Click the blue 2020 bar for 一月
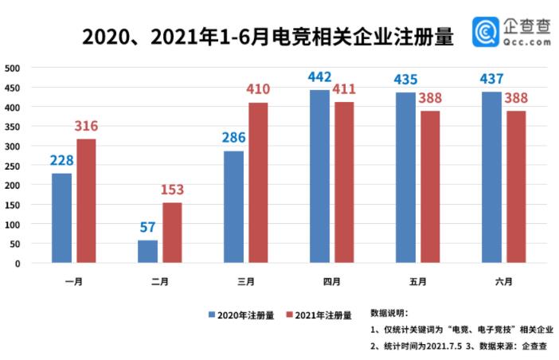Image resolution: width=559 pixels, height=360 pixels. click(x=61, y=217)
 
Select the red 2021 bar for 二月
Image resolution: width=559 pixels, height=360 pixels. click(x=172, y=232)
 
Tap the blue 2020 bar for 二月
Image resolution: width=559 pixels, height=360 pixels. click(x=147, y=251)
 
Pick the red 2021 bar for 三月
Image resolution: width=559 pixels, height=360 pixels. click(x=258, y=182)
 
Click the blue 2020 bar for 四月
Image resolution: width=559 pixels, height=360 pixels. click(x=319, y=176)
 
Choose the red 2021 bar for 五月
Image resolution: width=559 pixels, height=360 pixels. click(x=430, y=186)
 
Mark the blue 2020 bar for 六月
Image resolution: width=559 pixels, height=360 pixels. click(x=491, y=177)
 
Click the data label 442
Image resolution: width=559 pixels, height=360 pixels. click(x=320, y=77)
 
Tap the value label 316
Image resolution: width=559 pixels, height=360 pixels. click(x=86, y=127)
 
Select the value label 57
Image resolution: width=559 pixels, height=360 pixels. click(x=147, y=227)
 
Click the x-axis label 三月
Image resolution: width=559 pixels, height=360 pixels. click(x=246, y=281)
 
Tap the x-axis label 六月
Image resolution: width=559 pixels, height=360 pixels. click(x=504, y=281)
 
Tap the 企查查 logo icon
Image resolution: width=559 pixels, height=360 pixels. click(x=487, y=31)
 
